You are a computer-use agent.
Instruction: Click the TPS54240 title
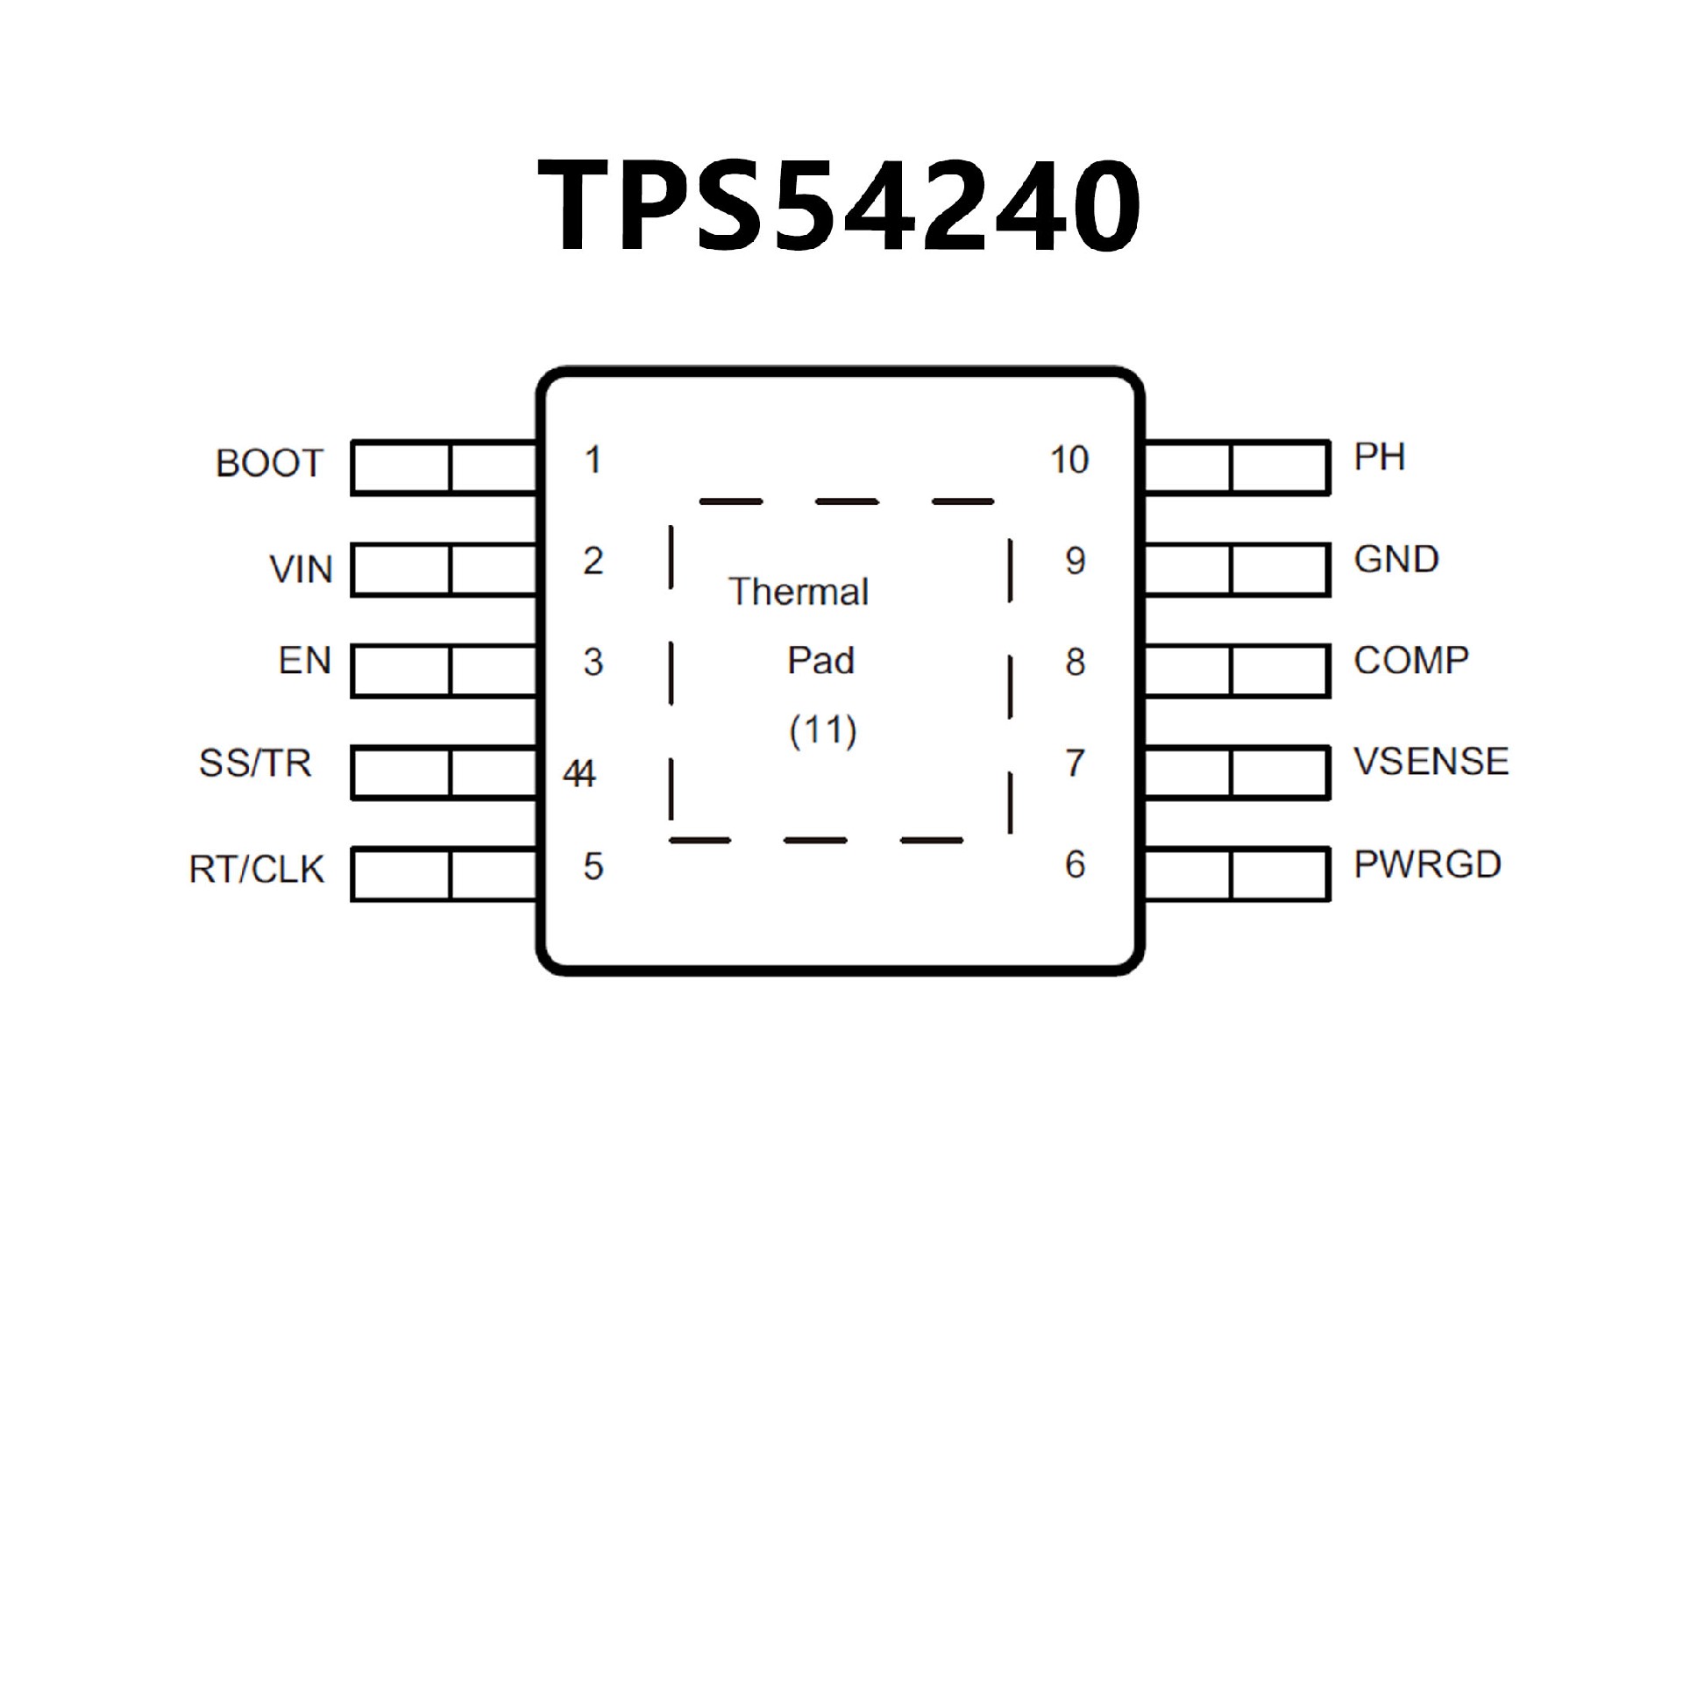tap(839, 207)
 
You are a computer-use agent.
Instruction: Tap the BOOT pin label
tap(269, 463)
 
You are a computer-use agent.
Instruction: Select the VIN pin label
tap(301, 570)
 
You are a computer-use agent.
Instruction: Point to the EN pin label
tap(304, 661)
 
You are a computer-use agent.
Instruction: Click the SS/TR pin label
tap(255, 763)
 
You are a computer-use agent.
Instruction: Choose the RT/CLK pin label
tap(256, 869)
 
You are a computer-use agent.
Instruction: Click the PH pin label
tap(1379, 457)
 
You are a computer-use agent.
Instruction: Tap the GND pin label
tap(1395, 559)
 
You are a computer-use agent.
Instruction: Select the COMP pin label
tap(1410, 660)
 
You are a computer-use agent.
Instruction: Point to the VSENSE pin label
tap(1431, 761)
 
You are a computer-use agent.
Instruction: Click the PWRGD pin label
tap(1427, 864)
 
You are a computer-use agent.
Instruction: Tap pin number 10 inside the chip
tap(1069, 460)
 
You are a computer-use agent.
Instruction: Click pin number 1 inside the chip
tap(593, 460)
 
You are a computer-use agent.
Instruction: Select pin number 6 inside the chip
tap(1075, 865)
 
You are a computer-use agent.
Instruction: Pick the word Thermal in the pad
tap(799, 592)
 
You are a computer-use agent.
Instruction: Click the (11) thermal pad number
tap(822, 730)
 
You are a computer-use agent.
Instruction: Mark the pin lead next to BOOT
tap(444, 468)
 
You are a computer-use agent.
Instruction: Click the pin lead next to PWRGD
tap(1237, 874)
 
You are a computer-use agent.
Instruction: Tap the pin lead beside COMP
tap(1237, 671)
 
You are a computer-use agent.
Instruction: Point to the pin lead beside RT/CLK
tap(444, 874)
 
